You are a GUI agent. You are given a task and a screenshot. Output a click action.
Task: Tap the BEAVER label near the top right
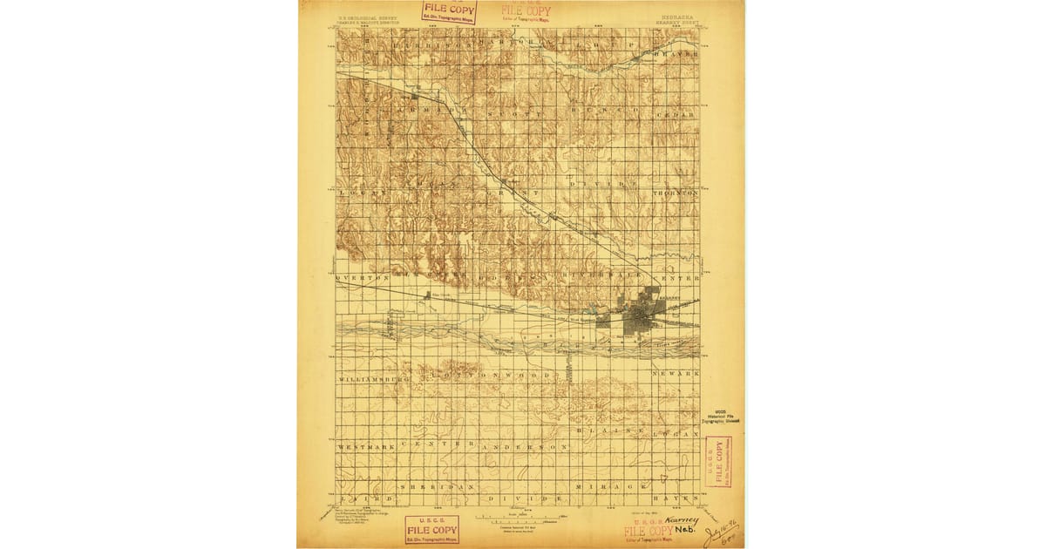[x=679, y=53]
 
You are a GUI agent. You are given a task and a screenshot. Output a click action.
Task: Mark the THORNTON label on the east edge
[x=676, y=192]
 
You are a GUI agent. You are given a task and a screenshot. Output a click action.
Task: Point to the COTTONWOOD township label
[x=493, y=376]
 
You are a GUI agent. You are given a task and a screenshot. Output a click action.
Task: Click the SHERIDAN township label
[x=437, y=485]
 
